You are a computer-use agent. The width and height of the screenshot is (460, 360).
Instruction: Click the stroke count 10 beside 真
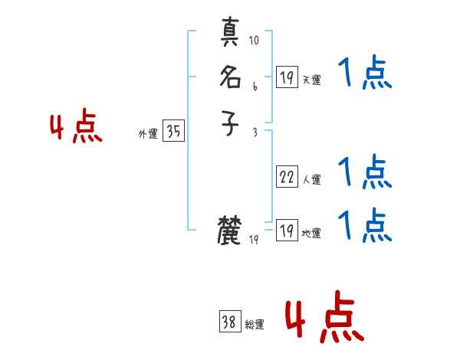pyautogui.click(x=254, y=40)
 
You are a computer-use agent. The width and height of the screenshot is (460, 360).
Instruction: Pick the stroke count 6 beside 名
pyautogui.click(x=254, y=86)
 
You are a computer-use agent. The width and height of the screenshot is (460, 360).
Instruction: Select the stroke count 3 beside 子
pyautogui.click(x=254, y=133)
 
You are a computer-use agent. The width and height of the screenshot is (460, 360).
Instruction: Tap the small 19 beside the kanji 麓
pyautogui.click(x=255, y=240)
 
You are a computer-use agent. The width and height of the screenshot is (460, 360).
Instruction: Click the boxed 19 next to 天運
pyautogui.click(x=287, y=77)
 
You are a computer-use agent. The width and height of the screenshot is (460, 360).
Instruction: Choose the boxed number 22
pyautogui.click(x=287, y=177)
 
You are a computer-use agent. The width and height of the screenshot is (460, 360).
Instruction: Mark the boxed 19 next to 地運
pyautogui.click(x=287, y=231)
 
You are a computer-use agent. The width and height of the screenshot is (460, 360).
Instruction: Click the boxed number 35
pyautogui.click(x=173, y=132)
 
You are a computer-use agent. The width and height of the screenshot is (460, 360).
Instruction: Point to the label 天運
pyautogui.click(x=311, y=80)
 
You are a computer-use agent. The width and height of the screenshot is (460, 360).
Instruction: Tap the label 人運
pyautogui.click(x=311, y=180)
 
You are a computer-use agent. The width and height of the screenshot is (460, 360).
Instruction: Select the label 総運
pyautogui.click(x=255, y=325)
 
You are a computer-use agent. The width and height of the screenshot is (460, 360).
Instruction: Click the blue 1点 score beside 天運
pyautogui.click(x=365, y=74)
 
